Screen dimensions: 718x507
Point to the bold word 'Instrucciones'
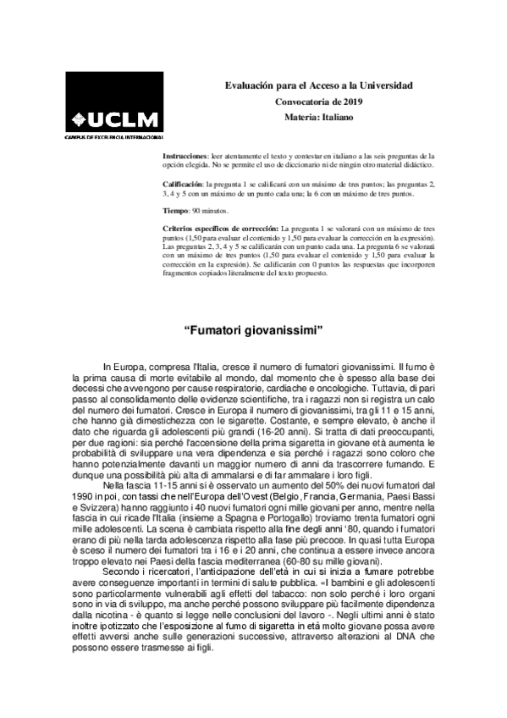pos(185,157)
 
